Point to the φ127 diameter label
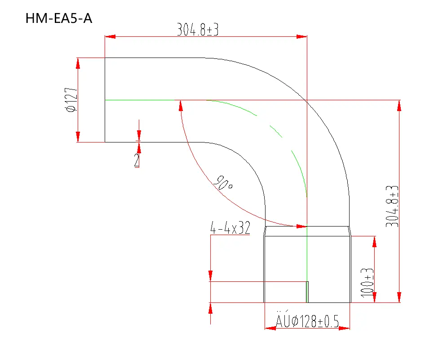pyautogui.click(x=71, y=100)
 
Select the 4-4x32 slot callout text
pyautogui.click(x=230, y=228)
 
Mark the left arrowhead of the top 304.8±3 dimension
pyautogui.click(x=110, y=36)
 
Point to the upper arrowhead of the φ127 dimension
pyautogui.click(x=78, y=63)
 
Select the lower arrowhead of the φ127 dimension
pyautogui.click(x=78, y=137)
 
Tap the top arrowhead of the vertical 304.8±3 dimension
pyautogui.click(x=399, y=106)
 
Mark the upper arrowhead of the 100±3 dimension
pyautogui.click(x=374, y=242)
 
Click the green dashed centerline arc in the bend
pyautogui.click(x=275, y=130)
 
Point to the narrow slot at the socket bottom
pyautogui.click(x=307, y=292)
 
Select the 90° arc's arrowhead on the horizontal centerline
pyautogui.click(x=180, y=106)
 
